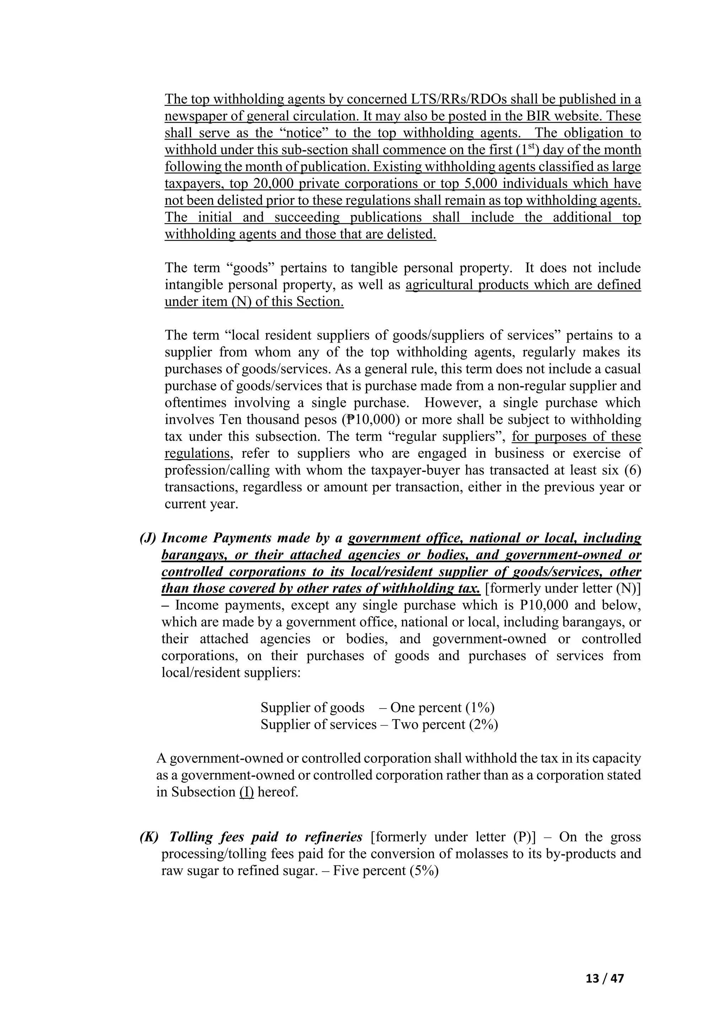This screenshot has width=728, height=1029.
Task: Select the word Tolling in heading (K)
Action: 194,837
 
